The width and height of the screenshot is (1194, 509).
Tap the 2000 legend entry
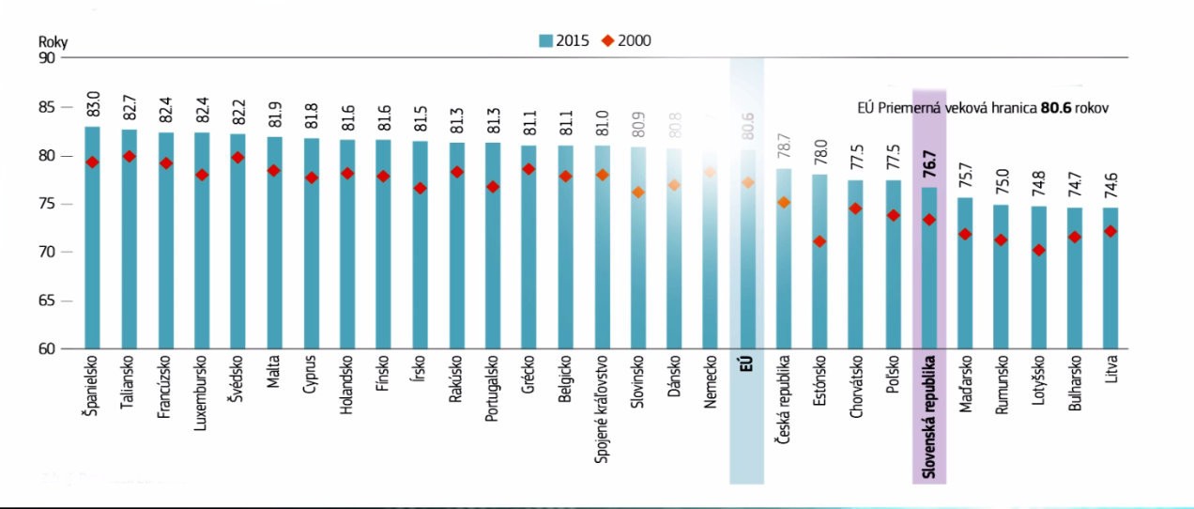pos(629,40)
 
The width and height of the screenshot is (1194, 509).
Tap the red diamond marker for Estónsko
pos(819,241)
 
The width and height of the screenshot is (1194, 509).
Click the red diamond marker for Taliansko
pos(129,157)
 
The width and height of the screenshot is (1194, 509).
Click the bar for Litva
pos(1110,282)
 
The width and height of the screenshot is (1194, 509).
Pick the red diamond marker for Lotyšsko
pos(1038,251)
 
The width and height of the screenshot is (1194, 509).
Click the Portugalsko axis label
pos(492,389)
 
